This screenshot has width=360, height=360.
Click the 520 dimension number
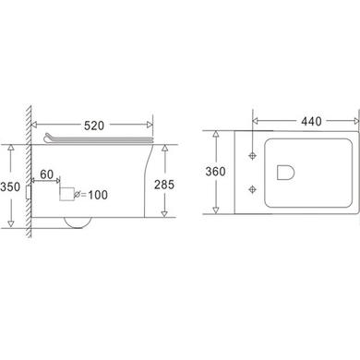tap(94, 126)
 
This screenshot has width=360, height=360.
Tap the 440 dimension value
tap(311, 121)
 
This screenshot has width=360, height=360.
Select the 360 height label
tap(215, 172)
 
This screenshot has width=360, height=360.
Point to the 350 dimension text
tap(10, 186)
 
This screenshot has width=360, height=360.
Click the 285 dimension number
tap(164, 185)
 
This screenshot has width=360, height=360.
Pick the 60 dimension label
tap(47, 174)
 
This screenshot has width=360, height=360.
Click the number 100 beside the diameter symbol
tap(98, 195)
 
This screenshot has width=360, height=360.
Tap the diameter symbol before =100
tap(78, 194)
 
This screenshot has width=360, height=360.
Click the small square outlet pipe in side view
tap(66, 194)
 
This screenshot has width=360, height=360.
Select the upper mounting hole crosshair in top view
tap(253, 156)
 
